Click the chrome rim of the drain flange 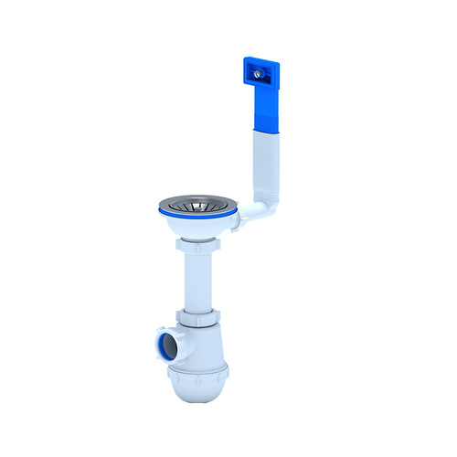click(x=169, y=202)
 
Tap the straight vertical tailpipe click(x=197, y=283)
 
